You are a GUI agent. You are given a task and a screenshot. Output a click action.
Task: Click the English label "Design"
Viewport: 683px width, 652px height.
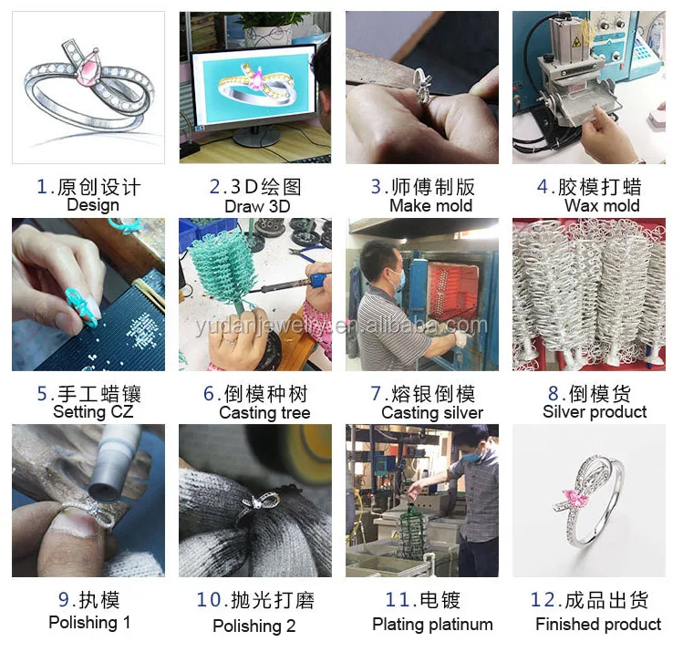93,205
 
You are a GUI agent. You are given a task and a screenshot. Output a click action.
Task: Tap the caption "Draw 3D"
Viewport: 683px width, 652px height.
257,206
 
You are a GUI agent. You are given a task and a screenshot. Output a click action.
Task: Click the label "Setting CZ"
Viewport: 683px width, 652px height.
91,412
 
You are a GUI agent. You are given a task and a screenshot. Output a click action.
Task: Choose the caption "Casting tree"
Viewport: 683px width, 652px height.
264,413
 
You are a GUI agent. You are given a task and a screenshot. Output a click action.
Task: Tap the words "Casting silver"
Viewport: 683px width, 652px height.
432,413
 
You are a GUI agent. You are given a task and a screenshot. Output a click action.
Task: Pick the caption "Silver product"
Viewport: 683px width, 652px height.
595,412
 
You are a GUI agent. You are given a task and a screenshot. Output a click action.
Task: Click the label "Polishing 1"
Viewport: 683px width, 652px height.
89,622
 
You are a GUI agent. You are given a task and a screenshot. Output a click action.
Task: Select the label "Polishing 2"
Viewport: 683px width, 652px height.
254,626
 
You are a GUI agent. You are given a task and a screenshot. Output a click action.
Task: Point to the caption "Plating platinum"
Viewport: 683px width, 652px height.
432,625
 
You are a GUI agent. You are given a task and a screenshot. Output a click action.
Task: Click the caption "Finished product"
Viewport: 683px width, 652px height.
598,625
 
